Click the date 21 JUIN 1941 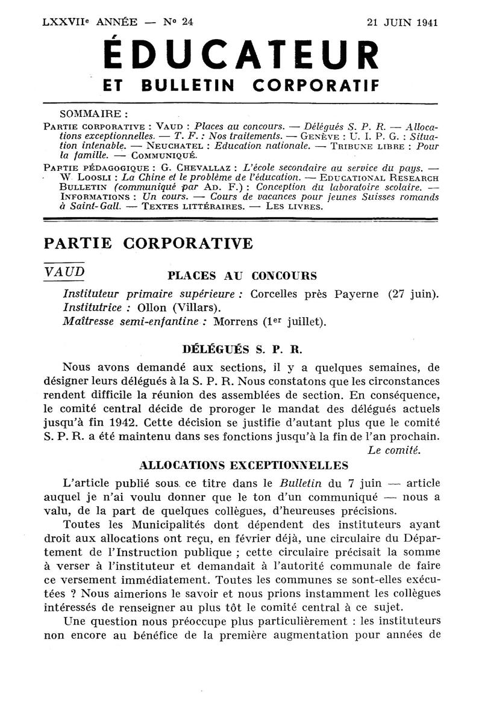coord(402,22)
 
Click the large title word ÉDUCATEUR coord(241,57)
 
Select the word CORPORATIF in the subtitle coord(316,86)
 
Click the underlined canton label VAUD coord(64,271)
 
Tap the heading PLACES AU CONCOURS coord(242,276)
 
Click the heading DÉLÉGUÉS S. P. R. coord(242,348)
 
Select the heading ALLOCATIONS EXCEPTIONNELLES coord(243,465)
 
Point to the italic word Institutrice coord(93,308)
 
